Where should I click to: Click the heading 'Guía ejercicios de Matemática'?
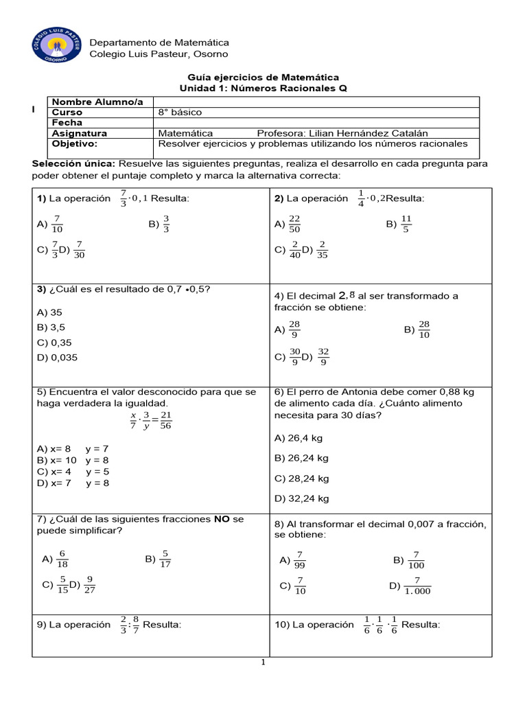263,78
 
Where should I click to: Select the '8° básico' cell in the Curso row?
180,112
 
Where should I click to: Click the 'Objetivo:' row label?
75,143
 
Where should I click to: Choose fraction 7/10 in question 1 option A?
57,224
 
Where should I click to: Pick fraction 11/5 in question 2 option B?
406,224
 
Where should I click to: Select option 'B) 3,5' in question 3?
51,327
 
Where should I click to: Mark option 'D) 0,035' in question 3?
56,358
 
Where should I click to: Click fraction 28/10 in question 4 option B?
423,330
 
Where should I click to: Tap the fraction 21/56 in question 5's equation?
165,420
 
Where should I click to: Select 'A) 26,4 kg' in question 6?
298,437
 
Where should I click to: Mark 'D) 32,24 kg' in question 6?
301,498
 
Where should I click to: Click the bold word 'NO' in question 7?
222,520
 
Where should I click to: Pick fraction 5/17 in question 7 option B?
165,560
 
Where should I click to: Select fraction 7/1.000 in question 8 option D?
417,586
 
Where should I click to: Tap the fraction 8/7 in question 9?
135,625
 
